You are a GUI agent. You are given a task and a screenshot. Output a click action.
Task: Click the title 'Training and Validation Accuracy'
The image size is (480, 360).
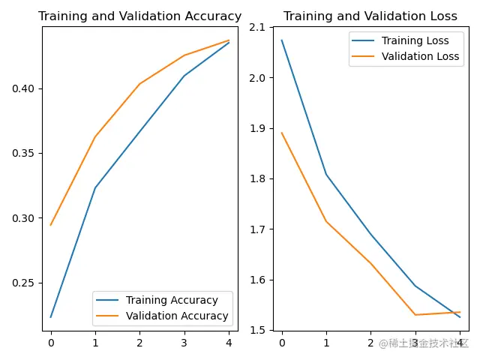(x=139, y=16)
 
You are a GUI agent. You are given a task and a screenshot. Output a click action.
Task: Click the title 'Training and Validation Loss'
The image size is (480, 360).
(x=370, y=16)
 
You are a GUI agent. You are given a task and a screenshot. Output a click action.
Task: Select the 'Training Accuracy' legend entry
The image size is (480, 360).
(x=172, y=301)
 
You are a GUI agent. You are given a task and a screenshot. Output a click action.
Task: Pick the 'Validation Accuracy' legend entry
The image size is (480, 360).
(x=177, y=316)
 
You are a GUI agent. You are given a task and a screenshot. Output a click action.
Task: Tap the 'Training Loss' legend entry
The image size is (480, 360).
(x=415, y=40)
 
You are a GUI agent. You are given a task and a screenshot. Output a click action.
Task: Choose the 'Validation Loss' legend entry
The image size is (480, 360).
(x=420, y=56)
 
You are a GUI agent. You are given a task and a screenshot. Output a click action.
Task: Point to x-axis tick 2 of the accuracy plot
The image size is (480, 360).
(x=139, y=343)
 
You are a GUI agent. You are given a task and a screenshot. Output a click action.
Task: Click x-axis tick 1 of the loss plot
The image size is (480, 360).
(x=326, y=343)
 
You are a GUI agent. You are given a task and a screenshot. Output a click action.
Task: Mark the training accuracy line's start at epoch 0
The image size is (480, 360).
(x=51, y=316)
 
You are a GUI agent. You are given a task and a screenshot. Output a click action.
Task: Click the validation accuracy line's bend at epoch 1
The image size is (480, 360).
(x=95, y=136)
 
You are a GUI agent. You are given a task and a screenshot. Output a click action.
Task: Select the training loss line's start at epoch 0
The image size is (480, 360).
(x=282, y=40)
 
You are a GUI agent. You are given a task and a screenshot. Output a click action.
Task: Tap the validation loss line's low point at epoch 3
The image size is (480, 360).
(x=415, y=314)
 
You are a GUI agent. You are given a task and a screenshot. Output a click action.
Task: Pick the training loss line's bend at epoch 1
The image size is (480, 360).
(x=326, y=174)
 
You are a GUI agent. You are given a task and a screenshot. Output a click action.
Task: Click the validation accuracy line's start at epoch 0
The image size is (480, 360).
(x=51, y=225)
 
